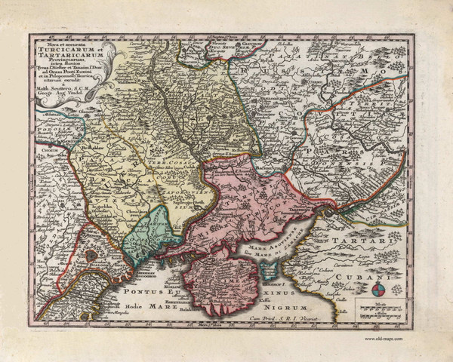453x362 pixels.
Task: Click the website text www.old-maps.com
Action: [384, 339]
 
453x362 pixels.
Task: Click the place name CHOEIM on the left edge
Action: [39, 159]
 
